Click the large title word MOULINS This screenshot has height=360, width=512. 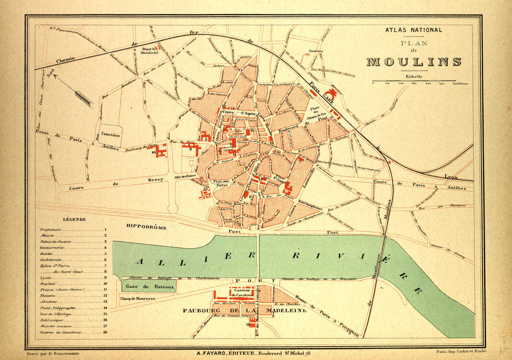[414, 62]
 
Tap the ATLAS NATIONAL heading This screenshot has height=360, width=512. [413, 30]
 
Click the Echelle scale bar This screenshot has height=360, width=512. [414, 80]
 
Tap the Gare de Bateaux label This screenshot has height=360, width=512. [149, 287]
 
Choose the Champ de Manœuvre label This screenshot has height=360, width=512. [138, 299]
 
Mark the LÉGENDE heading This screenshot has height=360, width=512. [74, 219]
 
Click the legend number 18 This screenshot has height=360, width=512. [105, 332]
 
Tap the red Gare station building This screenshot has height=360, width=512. [330, 94]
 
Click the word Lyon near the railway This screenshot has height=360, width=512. [451, 176]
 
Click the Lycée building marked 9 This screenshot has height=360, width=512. [190, 148]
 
